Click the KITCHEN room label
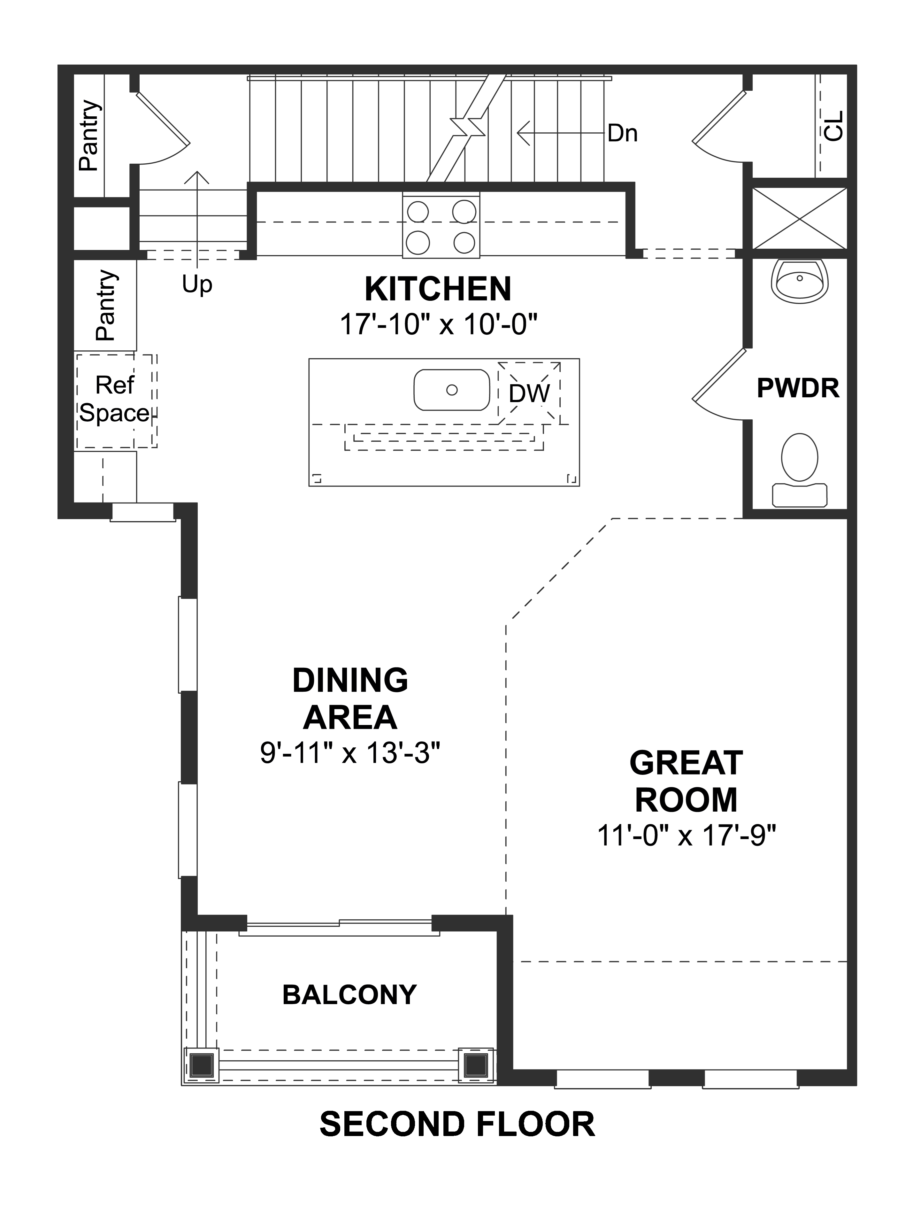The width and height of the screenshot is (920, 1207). click(438, 289)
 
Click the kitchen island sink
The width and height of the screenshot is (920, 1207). click(452, 390)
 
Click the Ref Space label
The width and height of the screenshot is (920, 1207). click(114, 399)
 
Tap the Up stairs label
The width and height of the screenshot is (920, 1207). click(197, 284)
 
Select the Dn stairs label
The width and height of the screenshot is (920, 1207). click(623, 134)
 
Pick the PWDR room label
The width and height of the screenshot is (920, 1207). click(798, 388)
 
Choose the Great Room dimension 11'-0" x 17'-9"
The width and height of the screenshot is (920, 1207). click(687, 837)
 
